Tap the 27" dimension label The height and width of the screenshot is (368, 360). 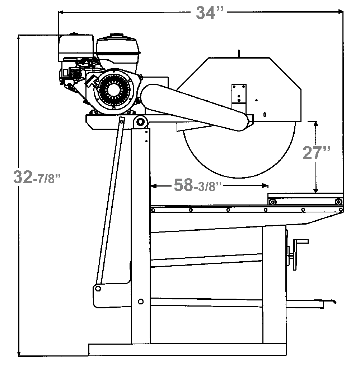(x=316, y=153)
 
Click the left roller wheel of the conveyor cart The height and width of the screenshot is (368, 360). (x=273, y=202)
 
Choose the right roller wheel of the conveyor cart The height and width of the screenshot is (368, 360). (x=338, y=202)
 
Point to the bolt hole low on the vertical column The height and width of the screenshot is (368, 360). (x=141, y=301)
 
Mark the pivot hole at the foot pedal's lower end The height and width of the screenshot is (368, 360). (x=98, y=288)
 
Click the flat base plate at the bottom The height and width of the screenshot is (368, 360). (x=187, y=349)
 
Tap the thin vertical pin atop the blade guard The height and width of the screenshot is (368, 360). (x=238, y=53)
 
